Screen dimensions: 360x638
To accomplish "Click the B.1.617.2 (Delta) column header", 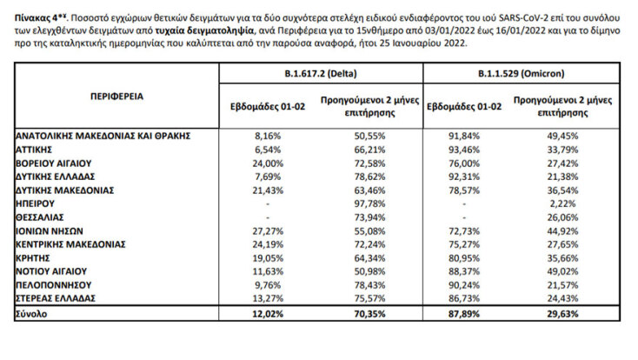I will click(316, 76).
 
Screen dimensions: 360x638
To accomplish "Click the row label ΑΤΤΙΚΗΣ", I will click(37, 150).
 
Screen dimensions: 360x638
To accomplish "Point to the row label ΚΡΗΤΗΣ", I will click(36, 258).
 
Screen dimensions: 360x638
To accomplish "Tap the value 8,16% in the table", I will click(267, 137).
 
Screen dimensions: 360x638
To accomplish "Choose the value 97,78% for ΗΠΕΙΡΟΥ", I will click(371, 203).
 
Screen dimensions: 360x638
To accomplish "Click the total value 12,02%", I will click(267, 313).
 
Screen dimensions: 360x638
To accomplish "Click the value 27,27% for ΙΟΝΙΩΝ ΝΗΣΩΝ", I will click(267, 231).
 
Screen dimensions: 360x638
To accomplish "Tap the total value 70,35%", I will click(371, 313).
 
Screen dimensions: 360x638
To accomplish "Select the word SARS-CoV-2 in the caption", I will click(517, 14).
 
